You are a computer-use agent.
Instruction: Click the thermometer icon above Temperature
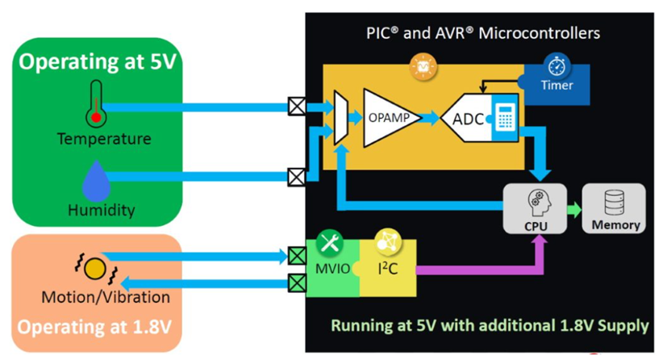(97, 104)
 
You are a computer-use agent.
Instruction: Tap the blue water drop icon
(97, 181)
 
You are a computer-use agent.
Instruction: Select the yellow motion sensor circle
(94, 269)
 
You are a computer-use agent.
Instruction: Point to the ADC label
(468, 119)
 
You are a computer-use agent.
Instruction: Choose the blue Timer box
(557, 85)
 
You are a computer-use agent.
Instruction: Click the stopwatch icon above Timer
(557, 65)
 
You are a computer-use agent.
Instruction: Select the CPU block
(535, 208)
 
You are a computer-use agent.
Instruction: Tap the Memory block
(614, 208)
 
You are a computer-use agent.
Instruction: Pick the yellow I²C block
(388, 268)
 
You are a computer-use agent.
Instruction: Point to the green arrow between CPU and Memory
(574, 209)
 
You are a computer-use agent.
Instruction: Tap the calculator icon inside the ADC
(505, 118)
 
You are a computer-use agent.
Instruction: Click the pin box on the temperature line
(297, 107)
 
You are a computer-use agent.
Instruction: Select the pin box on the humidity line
(297, 178)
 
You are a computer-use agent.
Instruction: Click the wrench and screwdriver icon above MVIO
(330, 243)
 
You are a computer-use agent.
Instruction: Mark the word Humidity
(102, 210)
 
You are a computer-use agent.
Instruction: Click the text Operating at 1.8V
(94, 327)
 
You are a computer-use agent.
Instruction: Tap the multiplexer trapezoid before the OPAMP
(341, 118)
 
